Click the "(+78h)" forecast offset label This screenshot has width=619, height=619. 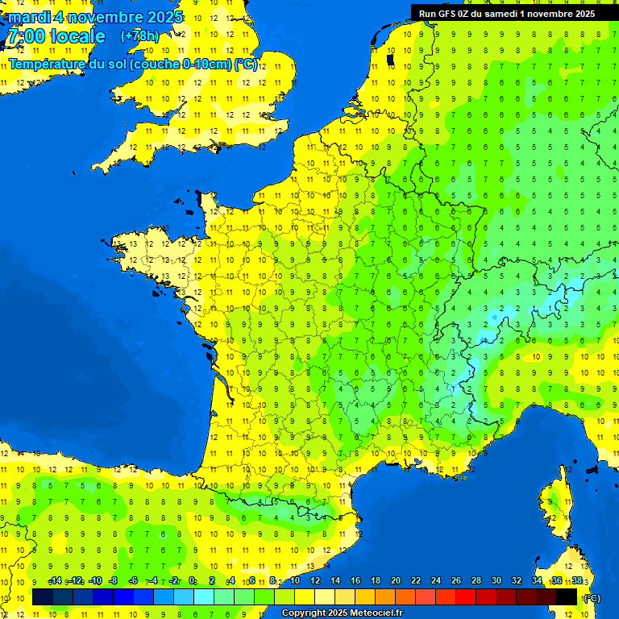point(139,36)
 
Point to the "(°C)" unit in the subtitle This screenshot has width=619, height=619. point(246,64)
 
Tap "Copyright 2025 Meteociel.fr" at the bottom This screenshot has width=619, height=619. point(343,613)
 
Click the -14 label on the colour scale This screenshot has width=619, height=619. point(56,581)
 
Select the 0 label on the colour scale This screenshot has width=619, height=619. point(192,581)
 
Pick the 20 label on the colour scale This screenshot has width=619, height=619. point(395,581)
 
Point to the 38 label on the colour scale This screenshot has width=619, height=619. point(576,581)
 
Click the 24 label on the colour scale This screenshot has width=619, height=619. point(436,581)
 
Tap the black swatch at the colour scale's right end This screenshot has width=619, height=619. point(567,596)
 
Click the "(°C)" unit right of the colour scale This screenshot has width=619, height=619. point(592,597)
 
